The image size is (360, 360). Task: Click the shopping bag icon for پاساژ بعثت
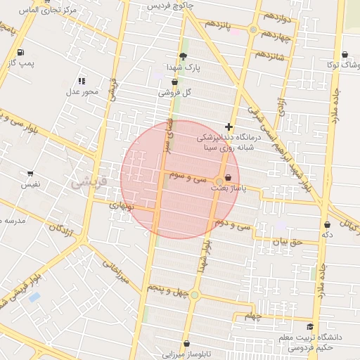click(x=227, y=176)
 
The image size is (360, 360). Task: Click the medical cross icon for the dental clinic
click(x=228, y=127)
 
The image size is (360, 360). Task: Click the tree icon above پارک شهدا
click(x=184, y=56)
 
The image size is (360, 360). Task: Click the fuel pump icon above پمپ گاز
click(x=19, y=52)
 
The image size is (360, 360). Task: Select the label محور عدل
click(x=83, y=91)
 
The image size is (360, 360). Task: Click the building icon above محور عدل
click(x=82, y=81)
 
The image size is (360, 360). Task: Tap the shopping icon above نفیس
click(x=30, y=173)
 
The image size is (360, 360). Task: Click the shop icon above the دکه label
click(x=327, y=224)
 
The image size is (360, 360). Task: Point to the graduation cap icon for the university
click(x=310, y=326)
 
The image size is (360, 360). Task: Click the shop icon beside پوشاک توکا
click(x=344, y=54)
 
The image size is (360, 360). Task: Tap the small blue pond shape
click(x=34, y=297)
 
